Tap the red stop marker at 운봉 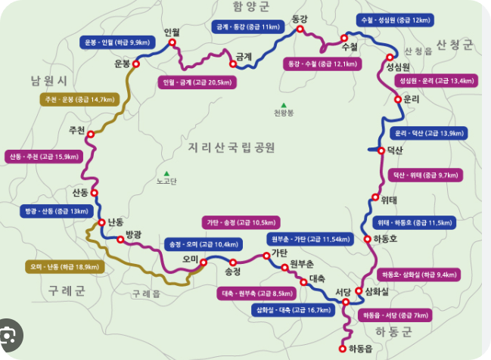click(x=137, y=65)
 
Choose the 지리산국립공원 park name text click(x=231, y=146)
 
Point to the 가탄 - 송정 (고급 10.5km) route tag click(x=241, y=222)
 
